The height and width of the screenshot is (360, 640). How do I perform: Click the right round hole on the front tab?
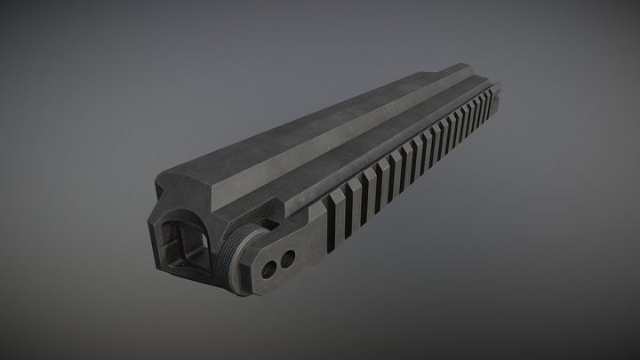coord(287,259)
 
